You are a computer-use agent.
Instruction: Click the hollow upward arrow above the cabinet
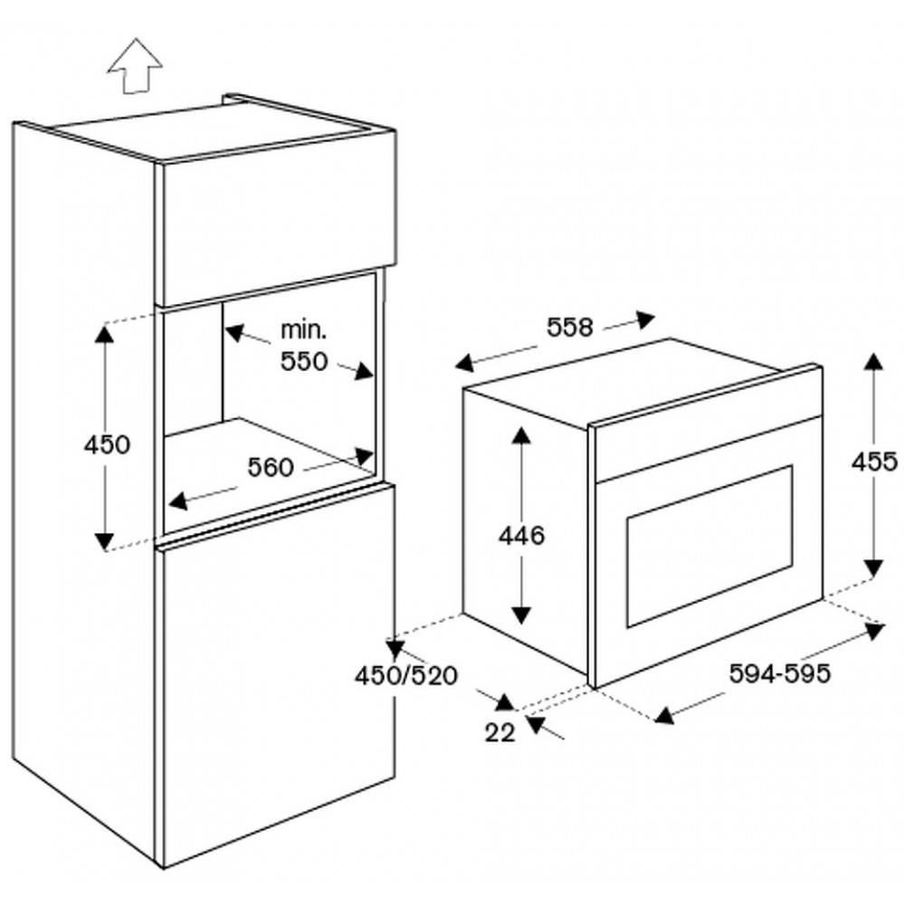(135, 65)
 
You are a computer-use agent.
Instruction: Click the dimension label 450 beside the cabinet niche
(108, 445)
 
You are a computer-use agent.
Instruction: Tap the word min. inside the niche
(303, 330)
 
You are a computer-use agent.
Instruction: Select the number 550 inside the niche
(304, 361)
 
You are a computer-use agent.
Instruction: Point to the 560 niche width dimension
(271, 468)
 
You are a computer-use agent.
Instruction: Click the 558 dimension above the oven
(570, 328)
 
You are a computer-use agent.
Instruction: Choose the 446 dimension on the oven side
(522, 536)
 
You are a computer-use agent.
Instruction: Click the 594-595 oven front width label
(780, 673)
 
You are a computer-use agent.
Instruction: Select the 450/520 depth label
(406, 676)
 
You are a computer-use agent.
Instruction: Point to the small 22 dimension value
(500, 733)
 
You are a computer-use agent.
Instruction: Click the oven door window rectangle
(710, 546)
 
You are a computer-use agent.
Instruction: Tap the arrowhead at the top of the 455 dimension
(874, 361)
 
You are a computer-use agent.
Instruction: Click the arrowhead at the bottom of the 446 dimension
(521, 615)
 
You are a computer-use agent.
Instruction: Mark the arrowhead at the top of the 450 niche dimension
(104, 335)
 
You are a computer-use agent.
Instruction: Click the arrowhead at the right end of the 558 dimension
(645, 319)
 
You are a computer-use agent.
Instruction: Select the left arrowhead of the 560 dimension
(177, 500)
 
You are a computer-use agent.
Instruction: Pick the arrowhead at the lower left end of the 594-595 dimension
(664, 716)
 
